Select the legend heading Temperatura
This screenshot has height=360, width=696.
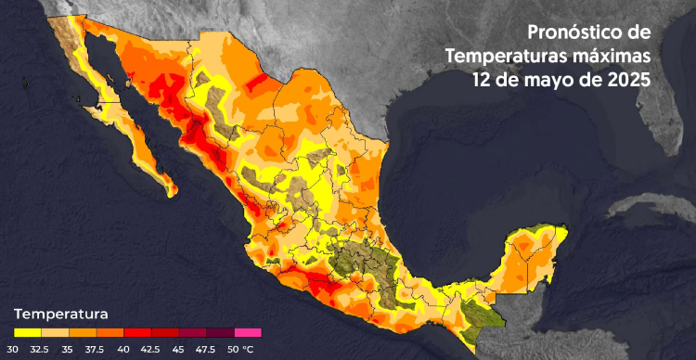pos(61,314)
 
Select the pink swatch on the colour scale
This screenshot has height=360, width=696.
pos(248,331)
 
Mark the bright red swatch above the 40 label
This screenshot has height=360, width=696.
pos(137,331)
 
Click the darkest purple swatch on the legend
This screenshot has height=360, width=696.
pos(221,331)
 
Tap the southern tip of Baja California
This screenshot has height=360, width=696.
pos(168,190)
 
